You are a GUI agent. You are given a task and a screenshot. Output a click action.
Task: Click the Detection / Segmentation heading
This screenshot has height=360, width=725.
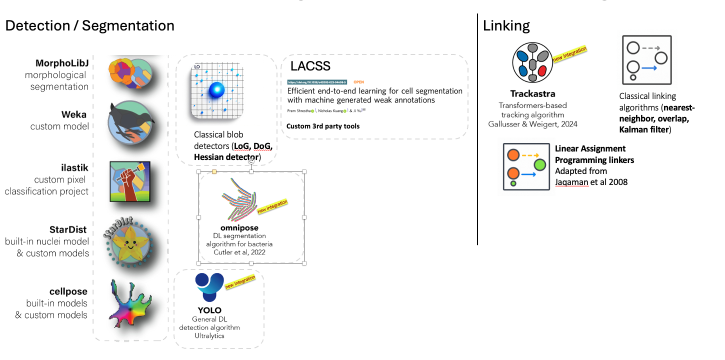click(x=90, y=26)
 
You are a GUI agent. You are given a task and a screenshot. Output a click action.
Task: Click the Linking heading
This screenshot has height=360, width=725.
click(x=506, y=26)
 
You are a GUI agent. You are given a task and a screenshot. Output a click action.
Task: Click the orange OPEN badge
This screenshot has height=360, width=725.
click(x=358, y=81)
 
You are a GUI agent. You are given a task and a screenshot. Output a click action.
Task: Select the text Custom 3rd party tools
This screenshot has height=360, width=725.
click(x=323, y=126)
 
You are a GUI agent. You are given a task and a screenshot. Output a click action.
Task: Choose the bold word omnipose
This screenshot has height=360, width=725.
click(x=239, y=228)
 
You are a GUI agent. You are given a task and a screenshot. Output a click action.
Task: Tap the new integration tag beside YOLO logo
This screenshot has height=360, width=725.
click(x=240, y=282)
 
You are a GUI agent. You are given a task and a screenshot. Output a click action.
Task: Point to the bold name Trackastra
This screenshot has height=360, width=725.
click(x=532, y=94)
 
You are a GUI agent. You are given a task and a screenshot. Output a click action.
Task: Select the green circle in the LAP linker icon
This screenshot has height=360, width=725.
click(x=539, y=164)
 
